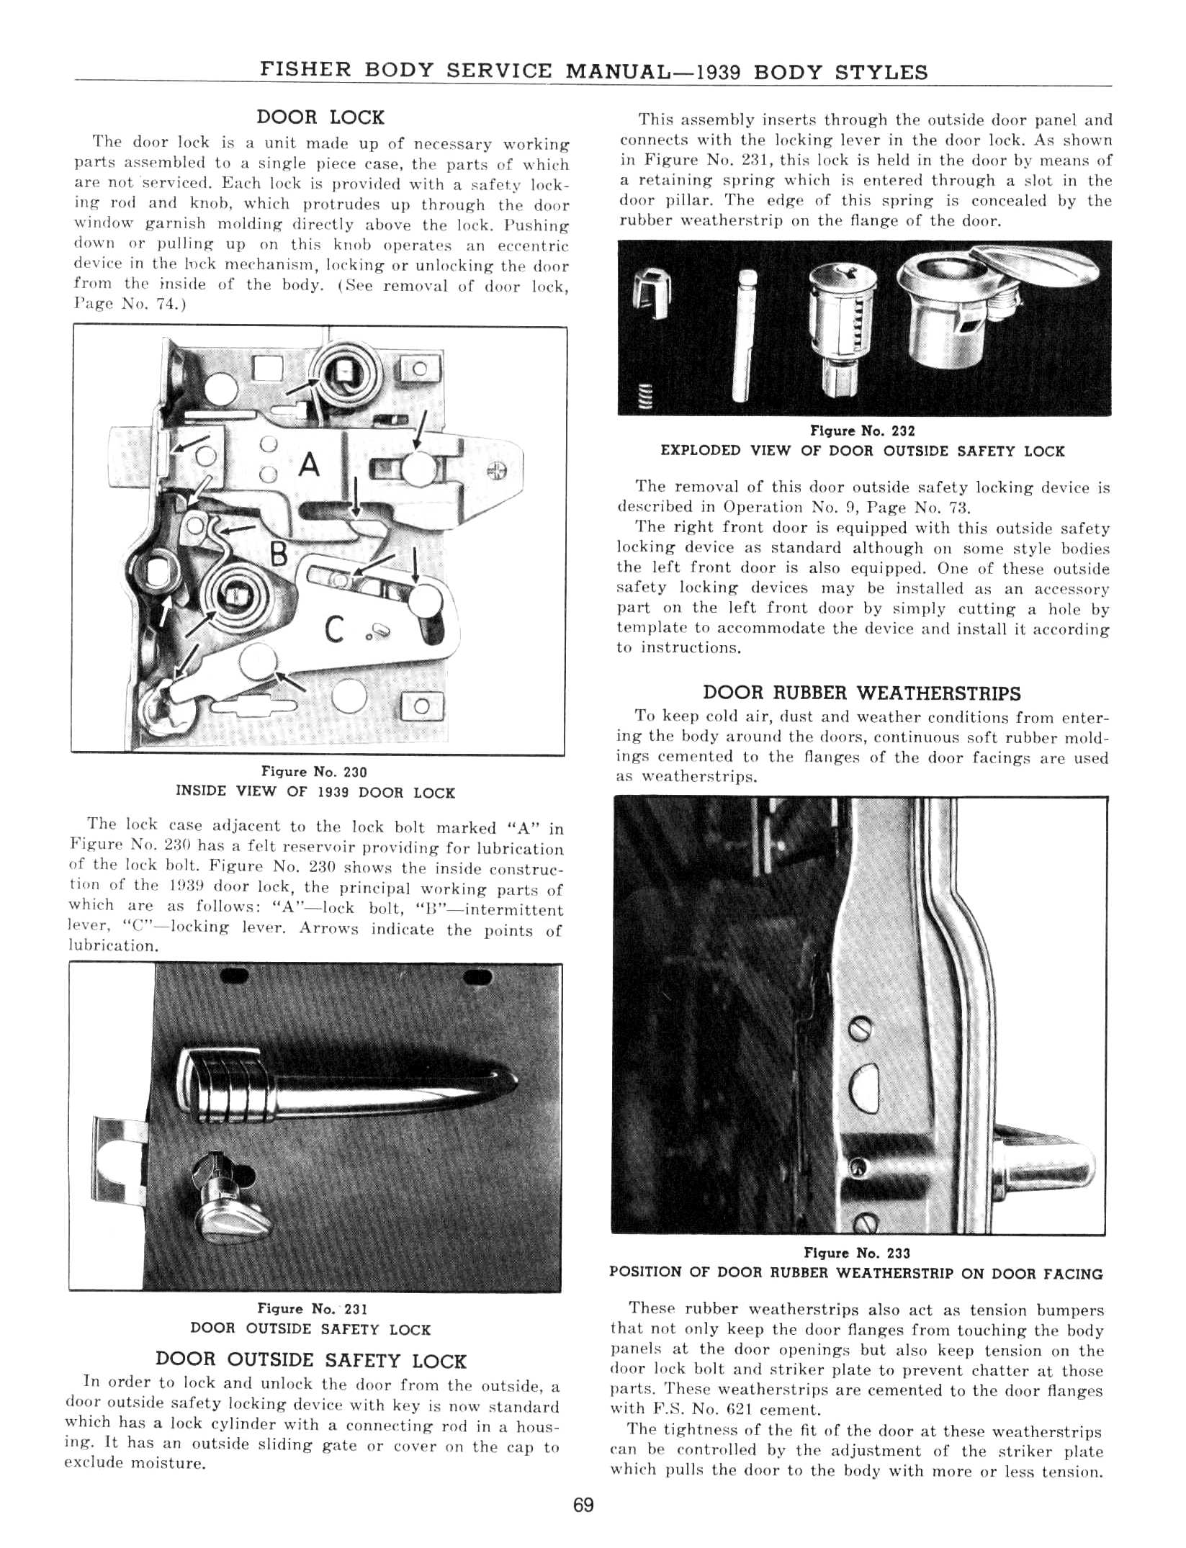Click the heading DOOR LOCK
coord(320,117)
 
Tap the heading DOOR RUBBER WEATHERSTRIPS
coord(861,693)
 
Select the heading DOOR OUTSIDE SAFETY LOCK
coord(311,1360)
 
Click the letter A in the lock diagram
coord(309,464)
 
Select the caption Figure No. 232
coord(862,431)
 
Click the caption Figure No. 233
coord(857,1254)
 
